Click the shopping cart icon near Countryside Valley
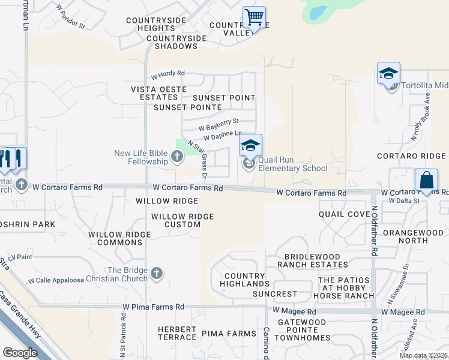click(255, 17)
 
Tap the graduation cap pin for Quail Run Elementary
click(251, 145)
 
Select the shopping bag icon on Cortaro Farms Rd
click(426, 180)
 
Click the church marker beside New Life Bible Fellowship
click(176, 157)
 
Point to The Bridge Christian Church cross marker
click(156, 274)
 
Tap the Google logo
click(20, 353)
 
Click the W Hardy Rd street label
click(167, 75)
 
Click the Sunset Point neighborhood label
click(224, 98)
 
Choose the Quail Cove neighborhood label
click(344, 214)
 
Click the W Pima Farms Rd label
click(153, 307)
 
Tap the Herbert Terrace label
click(177, 333)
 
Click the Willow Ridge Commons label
click(115, 238)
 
